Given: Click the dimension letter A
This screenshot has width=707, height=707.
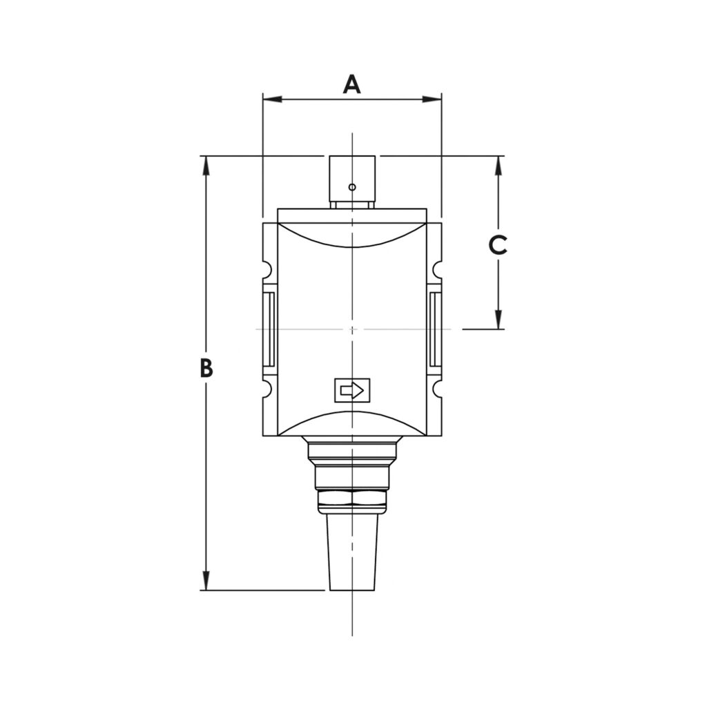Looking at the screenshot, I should (352, 84).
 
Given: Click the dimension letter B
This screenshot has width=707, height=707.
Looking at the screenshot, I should (206, 368).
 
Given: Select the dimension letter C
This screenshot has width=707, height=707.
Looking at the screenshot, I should (498, 244).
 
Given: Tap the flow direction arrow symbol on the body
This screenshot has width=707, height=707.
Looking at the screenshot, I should (352, 391).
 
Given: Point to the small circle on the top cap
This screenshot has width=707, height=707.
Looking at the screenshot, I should (352, 187).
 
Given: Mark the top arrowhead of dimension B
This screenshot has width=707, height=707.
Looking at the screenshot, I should (205, 165).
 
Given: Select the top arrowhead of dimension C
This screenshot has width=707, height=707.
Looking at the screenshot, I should (498, 165).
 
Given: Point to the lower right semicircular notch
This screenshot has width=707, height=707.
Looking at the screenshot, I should (437, 389).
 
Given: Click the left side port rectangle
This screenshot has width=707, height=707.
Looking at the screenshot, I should (269, 329).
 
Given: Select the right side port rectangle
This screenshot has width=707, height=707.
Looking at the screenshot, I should (435, 329).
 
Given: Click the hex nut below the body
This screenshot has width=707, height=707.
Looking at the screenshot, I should (352, 499).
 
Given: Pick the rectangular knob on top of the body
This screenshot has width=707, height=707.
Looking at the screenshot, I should (352, 181).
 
